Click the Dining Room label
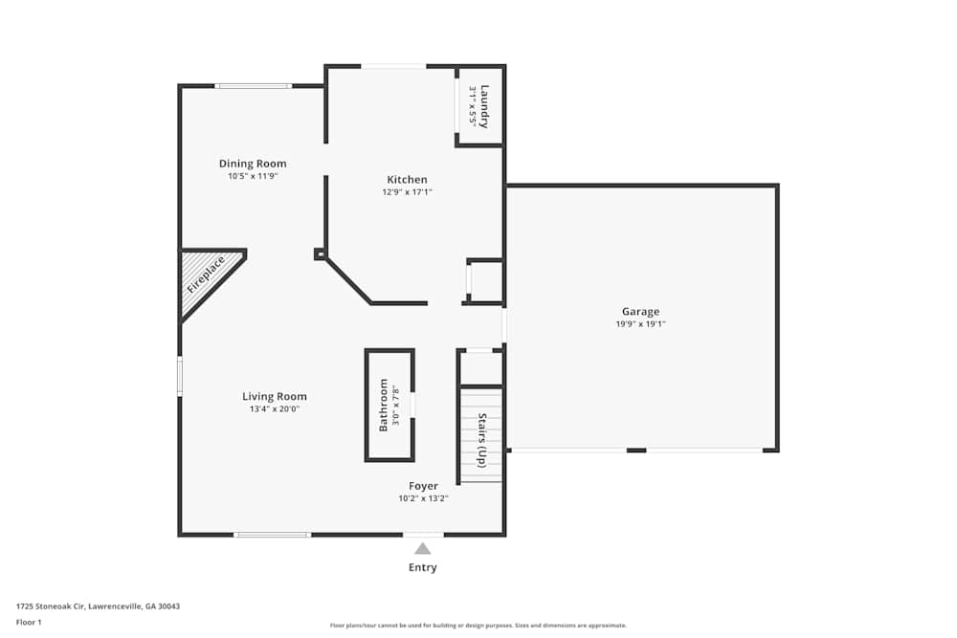[253, 164]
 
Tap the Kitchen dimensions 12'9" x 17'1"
[407, 192]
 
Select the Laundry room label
[484, 106]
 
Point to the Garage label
[640, 312]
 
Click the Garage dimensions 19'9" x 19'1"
[640, 324]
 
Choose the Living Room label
[275, 396]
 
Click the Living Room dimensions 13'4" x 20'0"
[275, 409]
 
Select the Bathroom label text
[384, 405]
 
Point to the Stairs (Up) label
[482, 440]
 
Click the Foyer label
[423, 486]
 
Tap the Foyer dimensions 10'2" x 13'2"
[423, 498]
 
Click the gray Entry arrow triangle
[423, 549]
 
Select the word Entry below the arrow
[423, 567]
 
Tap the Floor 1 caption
[29, 622]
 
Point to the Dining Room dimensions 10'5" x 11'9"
[253, 176]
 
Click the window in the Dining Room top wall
[254, 86]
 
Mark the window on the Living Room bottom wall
[273, 535]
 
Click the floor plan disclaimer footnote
[478, 626]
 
